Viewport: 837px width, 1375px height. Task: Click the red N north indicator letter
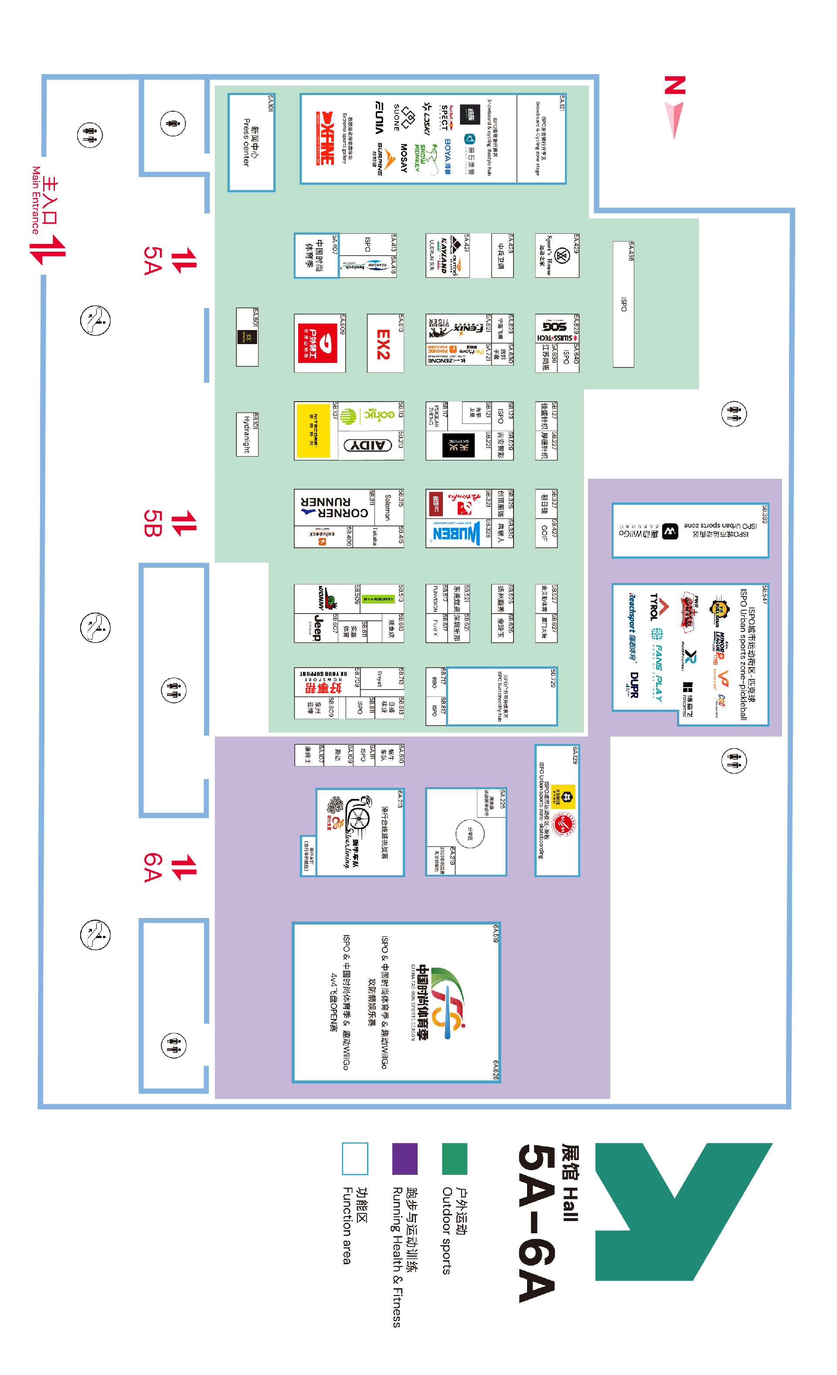(675, 85)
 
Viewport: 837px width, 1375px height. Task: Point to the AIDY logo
(367, 445)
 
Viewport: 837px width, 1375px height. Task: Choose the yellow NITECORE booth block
(313, 430)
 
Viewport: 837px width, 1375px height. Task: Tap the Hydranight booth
(247, 435)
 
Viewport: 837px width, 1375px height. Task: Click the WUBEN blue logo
(456, 533)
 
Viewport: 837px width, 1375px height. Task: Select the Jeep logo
(317, 628)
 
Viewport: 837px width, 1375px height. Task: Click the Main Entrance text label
(36, 199)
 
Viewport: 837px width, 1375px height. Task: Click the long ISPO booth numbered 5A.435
(623, 304)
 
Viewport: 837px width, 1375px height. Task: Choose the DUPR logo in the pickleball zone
(633, 684)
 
